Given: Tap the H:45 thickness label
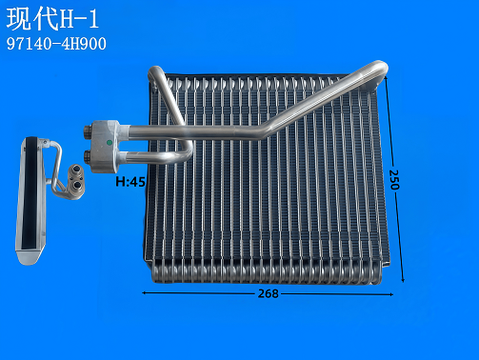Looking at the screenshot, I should [130, 181].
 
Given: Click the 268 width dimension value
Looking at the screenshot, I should [268, 293].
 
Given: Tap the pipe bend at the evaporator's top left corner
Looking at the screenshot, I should [158, 75].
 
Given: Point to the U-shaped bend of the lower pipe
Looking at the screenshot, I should [185, 151].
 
